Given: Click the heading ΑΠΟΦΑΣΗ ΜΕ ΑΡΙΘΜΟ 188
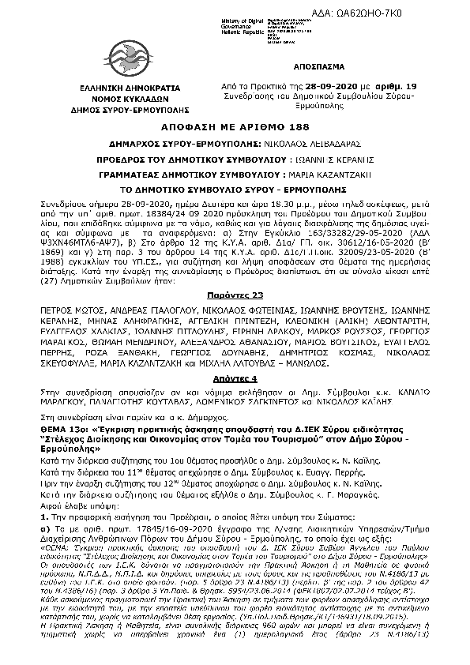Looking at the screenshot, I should [x=235, y=126].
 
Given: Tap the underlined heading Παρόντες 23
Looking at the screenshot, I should [x=235, y=271].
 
